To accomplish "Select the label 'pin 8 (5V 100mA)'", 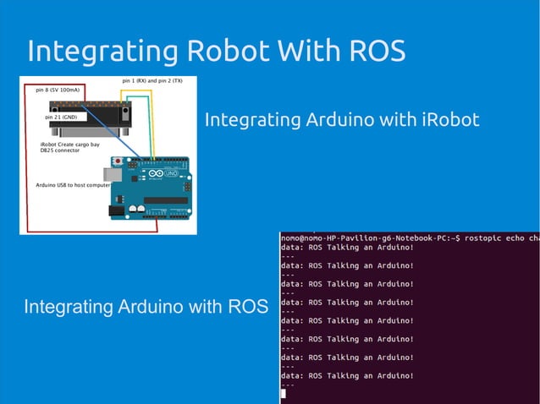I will pos(58,88).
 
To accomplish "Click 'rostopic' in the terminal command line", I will pos(479,239).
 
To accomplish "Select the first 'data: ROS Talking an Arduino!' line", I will pos(347,248).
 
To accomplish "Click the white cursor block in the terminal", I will pos(284,394).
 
